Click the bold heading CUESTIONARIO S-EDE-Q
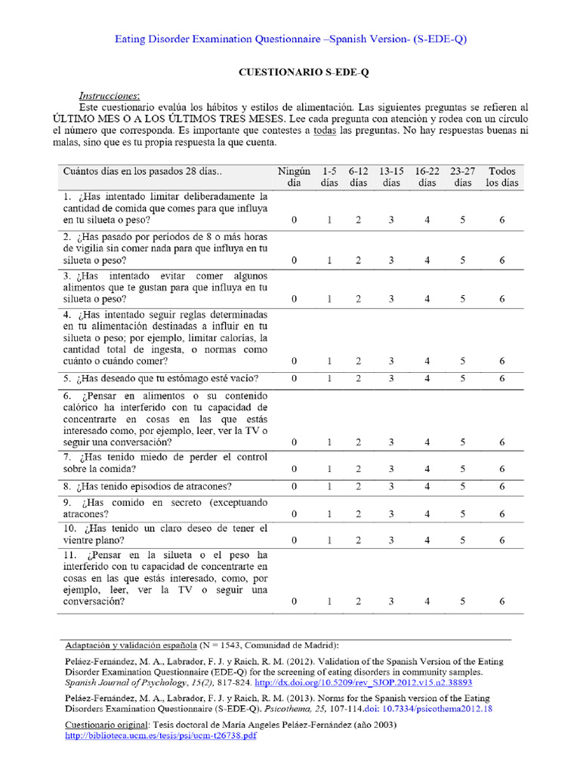pyautogui.click(x=303, y=72)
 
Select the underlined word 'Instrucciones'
pyautogui.click(x=110, y=96)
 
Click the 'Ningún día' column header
pyautogui.click(x=294, y=177)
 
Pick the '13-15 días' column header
pyautogui.click(x=391, y=177)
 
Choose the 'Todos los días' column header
pyautogui.click(x=502, y=177)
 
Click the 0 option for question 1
pyautogui.click(x=295, y=220)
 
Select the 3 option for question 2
pyautogui.click(x=391, y=260)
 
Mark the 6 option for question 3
pyautogui.click(x=502, y=299)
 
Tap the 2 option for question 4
pyautogui.click(x=359, y=362)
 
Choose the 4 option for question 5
pyautogui.click(x=427, y=378)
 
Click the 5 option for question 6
pyautogui.click(x=462, y=442)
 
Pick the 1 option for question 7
pyautogui.click(x=329, y=470)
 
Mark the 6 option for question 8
pyautogui.click(x=502, y=486)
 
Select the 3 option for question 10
pyautogui.click(x=391, y=540)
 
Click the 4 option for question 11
pyautogui.click(x=427, y=602)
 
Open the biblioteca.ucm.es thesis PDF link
pyautogui.click(x=161, y=735)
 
